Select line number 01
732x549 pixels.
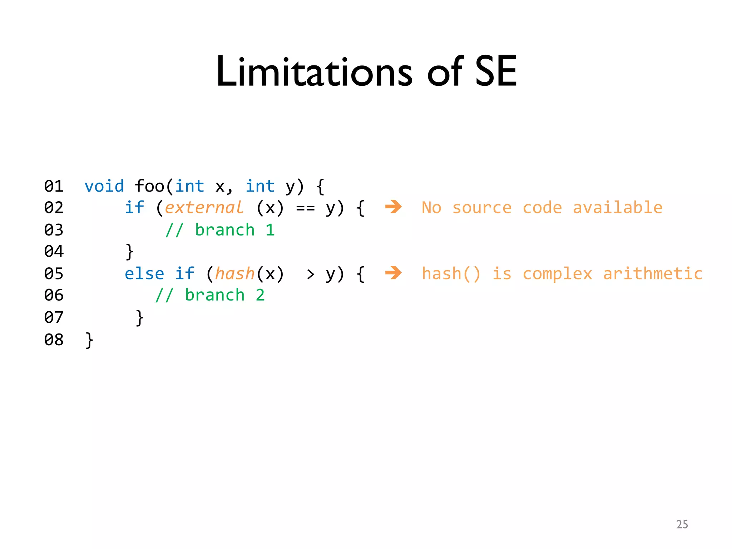(x=54, y=186)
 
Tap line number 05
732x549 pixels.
(x=54, y=274)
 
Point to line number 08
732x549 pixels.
(x=54, y=340)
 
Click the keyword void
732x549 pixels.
(x=104, y=186)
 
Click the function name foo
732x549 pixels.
(x=149, y=186)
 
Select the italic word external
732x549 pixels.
(x=204, y=208)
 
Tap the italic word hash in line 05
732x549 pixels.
(x=235, y=274)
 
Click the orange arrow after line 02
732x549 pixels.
(x=394, y=207)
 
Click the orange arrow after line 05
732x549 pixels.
(x=394, y=273)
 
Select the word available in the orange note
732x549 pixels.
(x=617, y=208)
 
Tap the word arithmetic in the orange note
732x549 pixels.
(x=653, y=274)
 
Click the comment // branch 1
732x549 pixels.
(x=220, y=230)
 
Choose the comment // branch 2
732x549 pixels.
(x=210, y=295)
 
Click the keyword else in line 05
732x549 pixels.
(x=144, y=274)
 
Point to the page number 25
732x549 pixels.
(x=682, y=524)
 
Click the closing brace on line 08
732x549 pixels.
(x=89, y=340)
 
